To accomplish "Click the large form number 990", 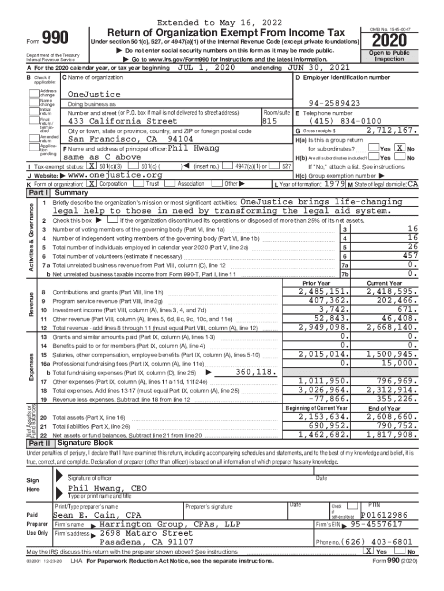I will (x=57, y=39).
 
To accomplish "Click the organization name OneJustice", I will (x=94, y=94).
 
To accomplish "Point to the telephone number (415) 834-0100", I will (x=345, y=122).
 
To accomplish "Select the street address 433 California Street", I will (x=123, y=122).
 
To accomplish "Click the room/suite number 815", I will (x=270, y=122).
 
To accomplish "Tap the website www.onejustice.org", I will (x=115, y=175).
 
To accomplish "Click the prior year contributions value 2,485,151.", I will (x=323, y=292).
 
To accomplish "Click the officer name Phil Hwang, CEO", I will (x=107, y=488).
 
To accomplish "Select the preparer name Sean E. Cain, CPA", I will (x=97, y=515).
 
